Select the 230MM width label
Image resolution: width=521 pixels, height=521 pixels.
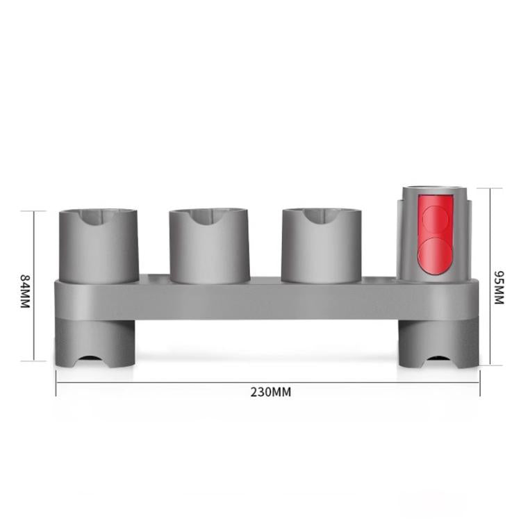click(x=271, y=392)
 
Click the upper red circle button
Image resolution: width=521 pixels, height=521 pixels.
click(x=436, y=218)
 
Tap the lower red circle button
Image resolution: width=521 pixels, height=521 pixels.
click(x=436, y=254)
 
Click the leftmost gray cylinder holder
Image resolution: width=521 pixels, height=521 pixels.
click(x=98, y=247)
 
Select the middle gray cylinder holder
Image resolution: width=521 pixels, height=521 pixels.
click(x=209, y=247)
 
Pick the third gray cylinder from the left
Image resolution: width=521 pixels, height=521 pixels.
click(x=321, y=247)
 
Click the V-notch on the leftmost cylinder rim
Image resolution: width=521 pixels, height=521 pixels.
click(x=98, y=221)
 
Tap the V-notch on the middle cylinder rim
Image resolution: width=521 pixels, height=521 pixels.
click(x=209, y=220)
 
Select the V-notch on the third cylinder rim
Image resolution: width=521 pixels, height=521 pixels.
click(x=321, y=220)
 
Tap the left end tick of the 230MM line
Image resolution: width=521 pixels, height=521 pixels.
click(x=56, y=382)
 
